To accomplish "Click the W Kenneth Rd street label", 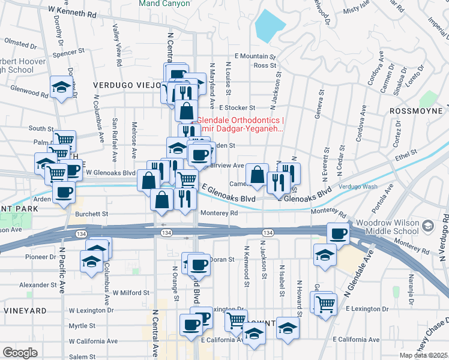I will [73, 11].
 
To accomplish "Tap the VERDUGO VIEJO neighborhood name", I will [124, 86].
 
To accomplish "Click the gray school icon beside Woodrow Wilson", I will [427, 226].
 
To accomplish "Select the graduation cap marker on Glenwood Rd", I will [62, 87].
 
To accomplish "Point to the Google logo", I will [20, 353].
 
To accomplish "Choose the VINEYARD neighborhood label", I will [25, 311].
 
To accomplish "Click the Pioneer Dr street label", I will [41, 257].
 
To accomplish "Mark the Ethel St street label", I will [406, 156].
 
